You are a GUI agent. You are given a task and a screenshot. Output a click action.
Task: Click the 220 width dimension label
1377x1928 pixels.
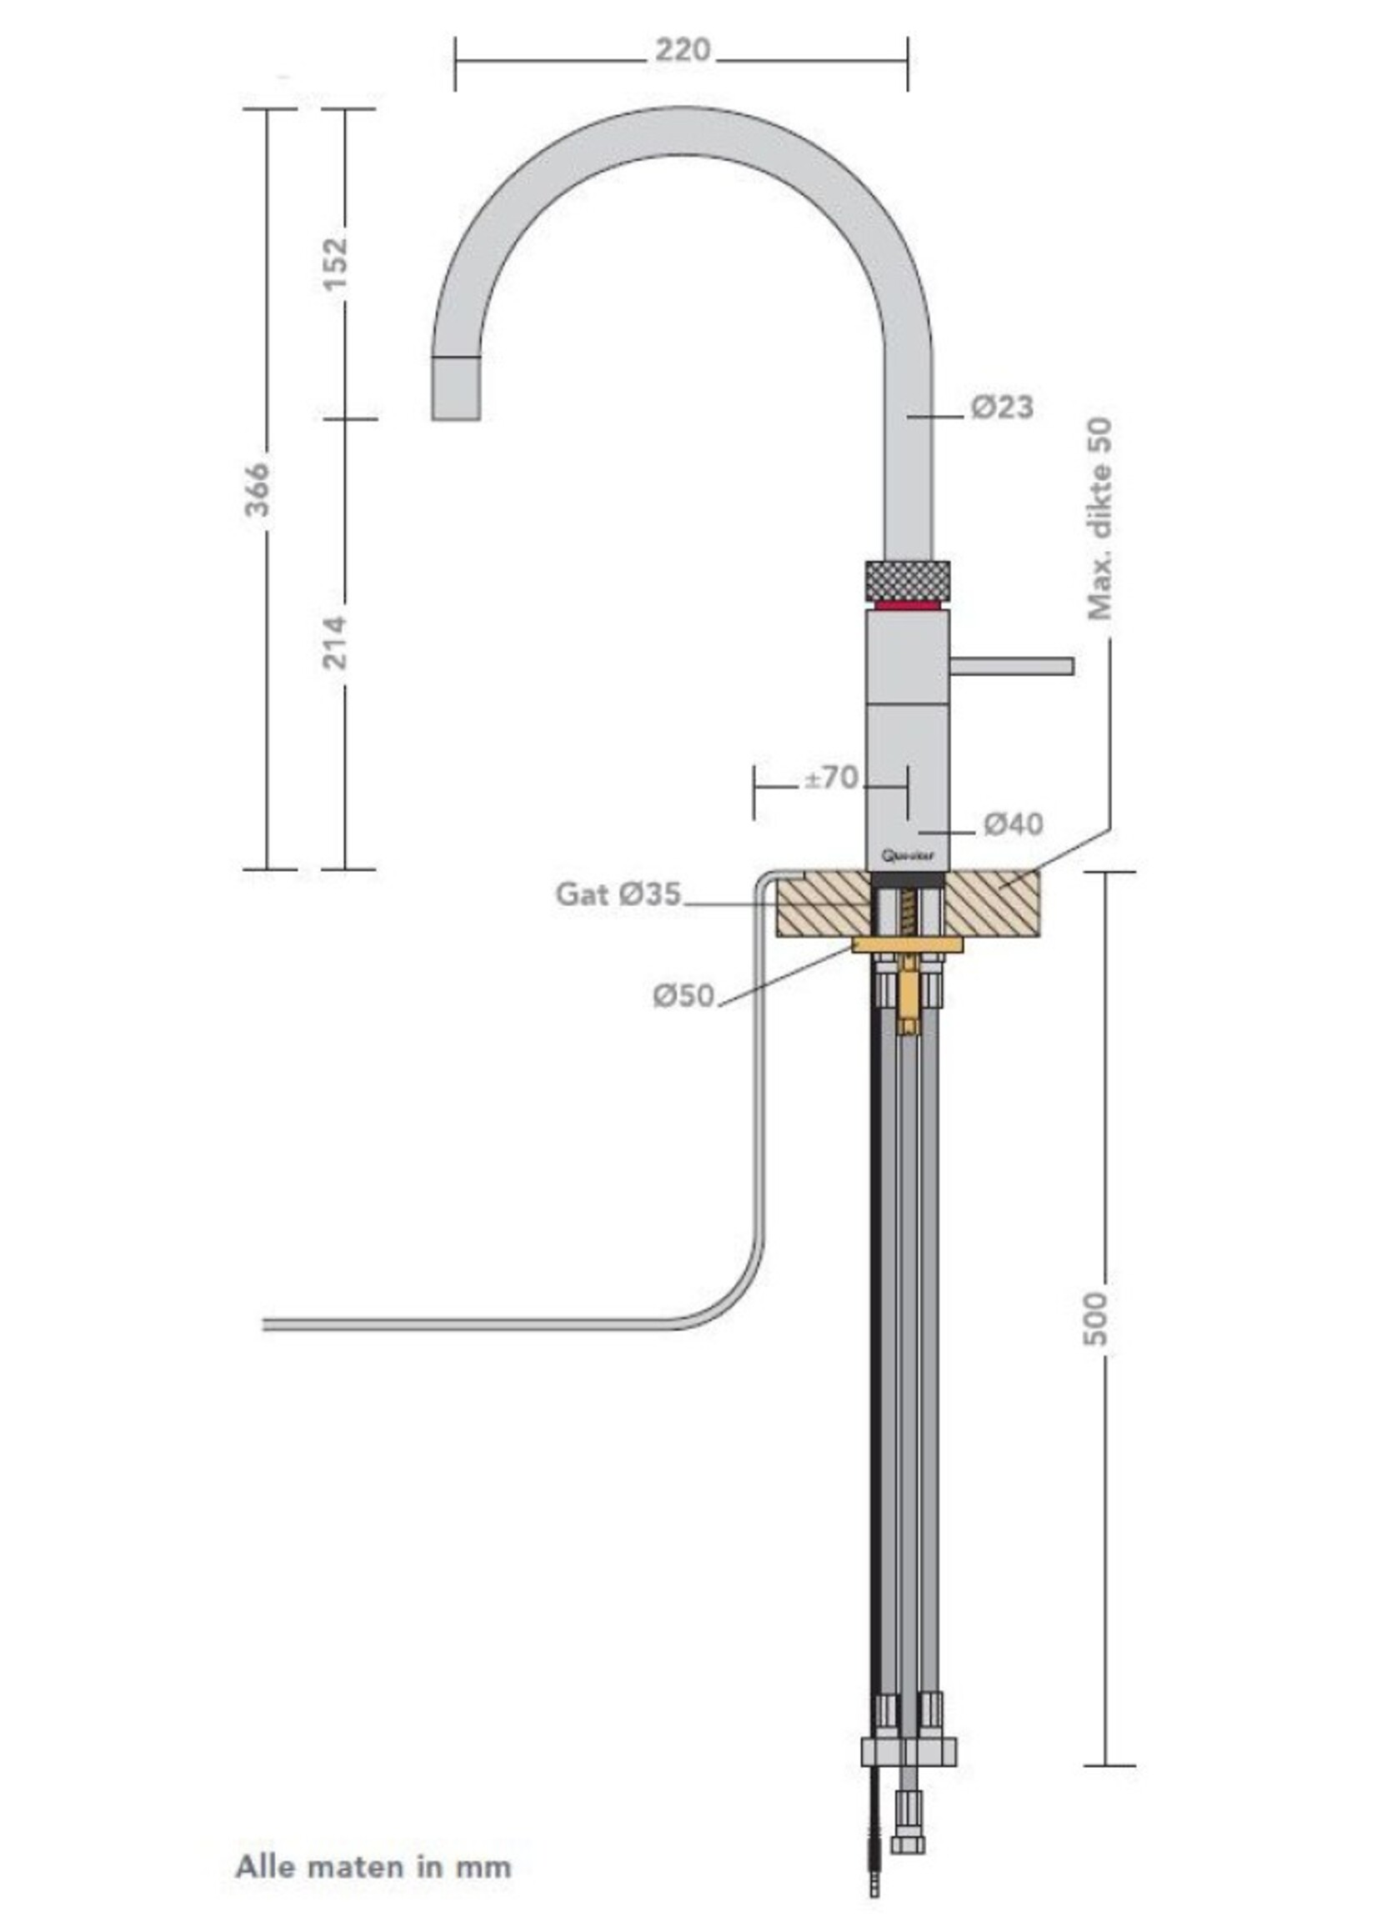coord(682,52)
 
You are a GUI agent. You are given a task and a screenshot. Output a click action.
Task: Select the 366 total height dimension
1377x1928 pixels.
coord(257,489)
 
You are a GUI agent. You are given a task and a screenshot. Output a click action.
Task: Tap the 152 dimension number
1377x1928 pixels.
coord(336,263)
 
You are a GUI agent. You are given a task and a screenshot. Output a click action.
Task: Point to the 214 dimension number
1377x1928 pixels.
coord(336,643)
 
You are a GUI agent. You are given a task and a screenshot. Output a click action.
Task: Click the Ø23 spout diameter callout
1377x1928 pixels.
coord(1002,408)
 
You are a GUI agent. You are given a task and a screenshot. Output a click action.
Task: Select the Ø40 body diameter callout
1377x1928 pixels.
coord(1014,824)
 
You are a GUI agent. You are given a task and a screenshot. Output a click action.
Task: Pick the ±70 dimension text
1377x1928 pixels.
coord(831,778)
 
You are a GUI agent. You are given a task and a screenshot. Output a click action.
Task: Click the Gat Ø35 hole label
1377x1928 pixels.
coord(618,894)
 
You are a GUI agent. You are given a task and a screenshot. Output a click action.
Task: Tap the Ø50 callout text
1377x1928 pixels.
coord(683,996)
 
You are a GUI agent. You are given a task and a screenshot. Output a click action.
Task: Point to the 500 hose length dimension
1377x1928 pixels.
coord(1095,1318)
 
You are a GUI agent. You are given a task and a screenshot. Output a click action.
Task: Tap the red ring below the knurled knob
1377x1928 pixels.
coord(906,605)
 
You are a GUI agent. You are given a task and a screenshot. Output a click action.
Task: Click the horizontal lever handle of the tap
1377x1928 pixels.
coord(1011,665)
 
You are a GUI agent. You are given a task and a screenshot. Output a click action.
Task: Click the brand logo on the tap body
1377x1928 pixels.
coord(906,856)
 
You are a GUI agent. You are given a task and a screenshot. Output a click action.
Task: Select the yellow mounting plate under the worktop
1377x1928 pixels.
coord(907,944)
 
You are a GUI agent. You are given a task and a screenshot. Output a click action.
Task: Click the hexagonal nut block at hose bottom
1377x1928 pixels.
coord(908,1750)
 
